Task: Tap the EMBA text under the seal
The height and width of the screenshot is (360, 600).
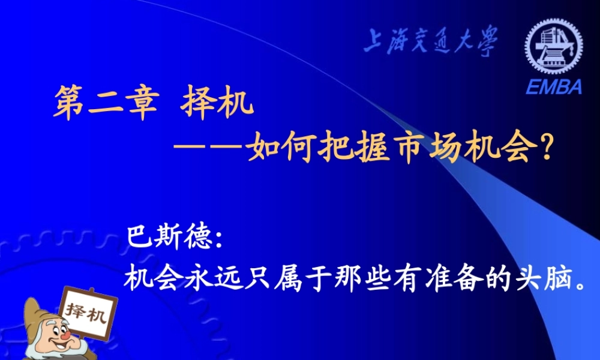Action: click(554, 88)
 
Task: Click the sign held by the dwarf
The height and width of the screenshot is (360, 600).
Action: click(86, 313)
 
